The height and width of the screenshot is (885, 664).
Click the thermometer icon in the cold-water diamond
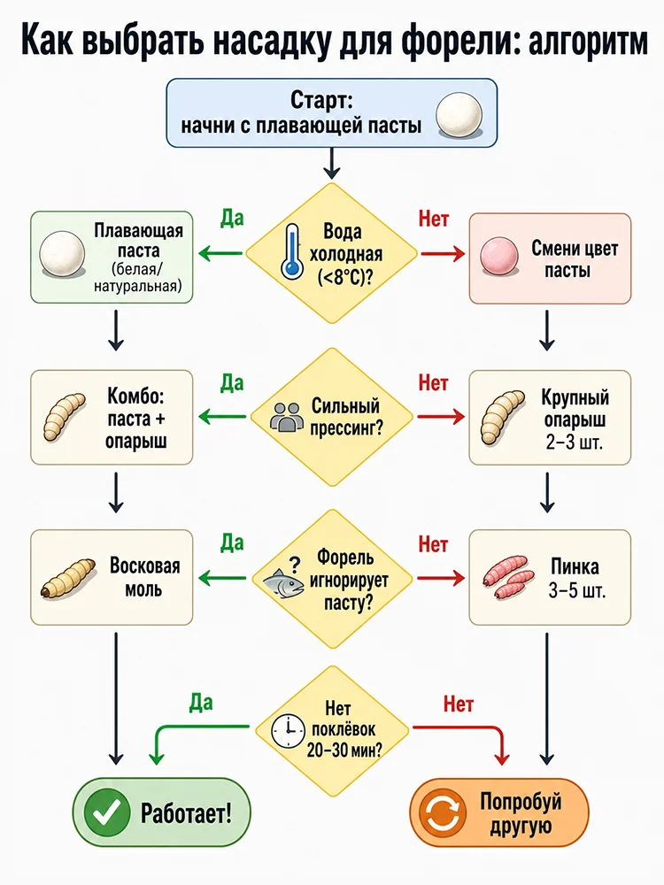[x=291, y=251]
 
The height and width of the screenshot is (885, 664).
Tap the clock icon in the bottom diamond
[x=288, y=732]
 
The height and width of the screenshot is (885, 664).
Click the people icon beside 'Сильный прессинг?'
[x=286, y=417]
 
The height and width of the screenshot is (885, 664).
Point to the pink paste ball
[x=499, y=256]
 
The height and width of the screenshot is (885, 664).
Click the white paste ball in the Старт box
[x=459, y=114]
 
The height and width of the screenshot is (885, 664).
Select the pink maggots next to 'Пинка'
[x=507, y=577]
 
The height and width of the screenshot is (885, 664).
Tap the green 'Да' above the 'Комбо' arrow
[x=231, y=383]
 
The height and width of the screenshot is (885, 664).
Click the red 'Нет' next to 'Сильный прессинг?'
[x=433, y=383]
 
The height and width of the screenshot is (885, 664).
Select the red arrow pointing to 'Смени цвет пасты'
[x=441, y=254]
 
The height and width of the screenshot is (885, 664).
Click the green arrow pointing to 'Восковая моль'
[x=222, y=578]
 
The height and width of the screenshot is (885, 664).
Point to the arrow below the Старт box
[x=332, y=164]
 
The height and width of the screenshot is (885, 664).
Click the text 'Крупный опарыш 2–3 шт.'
[x=575, y=419]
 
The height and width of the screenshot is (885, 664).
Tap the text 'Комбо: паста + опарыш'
[x=135, y=419]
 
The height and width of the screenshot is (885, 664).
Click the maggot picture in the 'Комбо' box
[x=64, y=417]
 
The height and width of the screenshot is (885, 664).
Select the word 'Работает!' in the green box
[x=186, y=813]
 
